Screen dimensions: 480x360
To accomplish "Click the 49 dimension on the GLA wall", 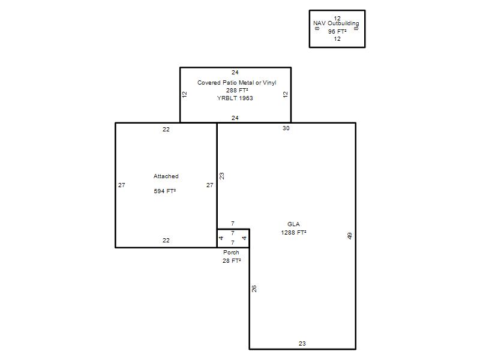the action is point(350,236).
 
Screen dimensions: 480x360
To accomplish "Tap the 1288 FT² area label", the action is point(293,233).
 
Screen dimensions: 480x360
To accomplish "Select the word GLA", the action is point(293,224).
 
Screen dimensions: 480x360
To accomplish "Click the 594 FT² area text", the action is point(164,191).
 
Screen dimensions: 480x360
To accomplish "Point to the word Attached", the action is point(166,176).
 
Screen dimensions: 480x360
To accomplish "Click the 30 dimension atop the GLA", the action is point(286,128).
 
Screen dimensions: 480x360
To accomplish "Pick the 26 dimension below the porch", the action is point(254,289).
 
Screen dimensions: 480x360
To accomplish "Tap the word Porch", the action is point(231,253).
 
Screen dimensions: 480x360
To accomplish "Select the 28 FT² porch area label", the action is point(232,261).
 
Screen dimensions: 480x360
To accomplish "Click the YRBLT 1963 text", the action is point(235,98).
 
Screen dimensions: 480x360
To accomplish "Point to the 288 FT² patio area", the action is point(237,91).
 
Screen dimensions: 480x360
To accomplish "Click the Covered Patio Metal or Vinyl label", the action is point(236,83).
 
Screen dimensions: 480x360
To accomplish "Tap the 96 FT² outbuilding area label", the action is point(337,32).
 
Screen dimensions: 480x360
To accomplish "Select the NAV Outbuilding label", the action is point(336,23).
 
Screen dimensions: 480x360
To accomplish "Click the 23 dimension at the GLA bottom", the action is point(302,344).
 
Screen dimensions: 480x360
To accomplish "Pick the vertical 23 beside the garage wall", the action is point(221,176).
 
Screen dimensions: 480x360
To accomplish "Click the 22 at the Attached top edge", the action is point(166,130).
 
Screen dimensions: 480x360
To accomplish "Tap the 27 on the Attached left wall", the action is point(122,185).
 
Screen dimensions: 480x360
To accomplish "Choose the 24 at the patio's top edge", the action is point(235,73).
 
